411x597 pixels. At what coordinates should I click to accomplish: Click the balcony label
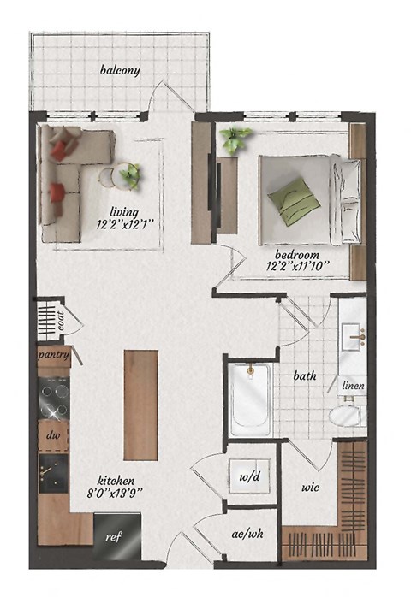click(x=119, y=70)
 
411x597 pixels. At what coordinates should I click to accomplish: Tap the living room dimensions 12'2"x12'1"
click(x=127, y=226)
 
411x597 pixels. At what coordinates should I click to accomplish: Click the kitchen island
click(x=140, y=405)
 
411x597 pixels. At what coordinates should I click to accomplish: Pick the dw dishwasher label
click(x=52, y=435)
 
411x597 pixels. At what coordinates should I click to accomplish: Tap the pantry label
click(x=53, y=353)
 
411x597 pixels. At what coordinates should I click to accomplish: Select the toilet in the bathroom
click(x=347, y=417)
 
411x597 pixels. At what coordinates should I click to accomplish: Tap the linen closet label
click(x=352, y=387)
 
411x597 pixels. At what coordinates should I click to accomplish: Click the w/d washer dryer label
click(x=249, y=476)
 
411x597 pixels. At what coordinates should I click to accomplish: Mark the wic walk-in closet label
click(x=309, y=488)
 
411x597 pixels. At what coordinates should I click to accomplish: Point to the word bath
click(x=304, y=375)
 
